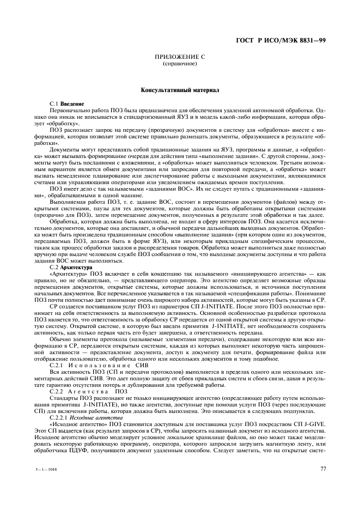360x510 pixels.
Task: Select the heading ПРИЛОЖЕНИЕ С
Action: pyautogui.click(x=179, y=57)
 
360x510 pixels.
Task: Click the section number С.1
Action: pyautogui.click(x=53, y=104)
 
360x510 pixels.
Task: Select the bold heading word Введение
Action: pyautogui.click(x=72, y=104)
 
